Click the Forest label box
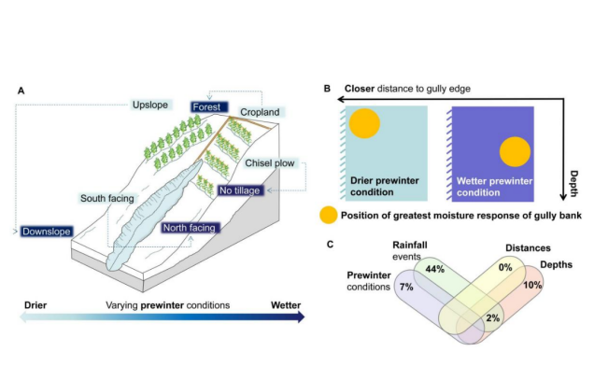[207, 107]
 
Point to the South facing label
[107, 198]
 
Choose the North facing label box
[191, 227]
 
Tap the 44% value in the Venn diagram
[433, 269]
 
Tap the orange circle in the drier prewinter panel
[363, 124]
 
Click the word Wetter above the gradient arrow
[285, 305]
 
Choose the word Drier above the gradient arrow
[31, 305]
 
